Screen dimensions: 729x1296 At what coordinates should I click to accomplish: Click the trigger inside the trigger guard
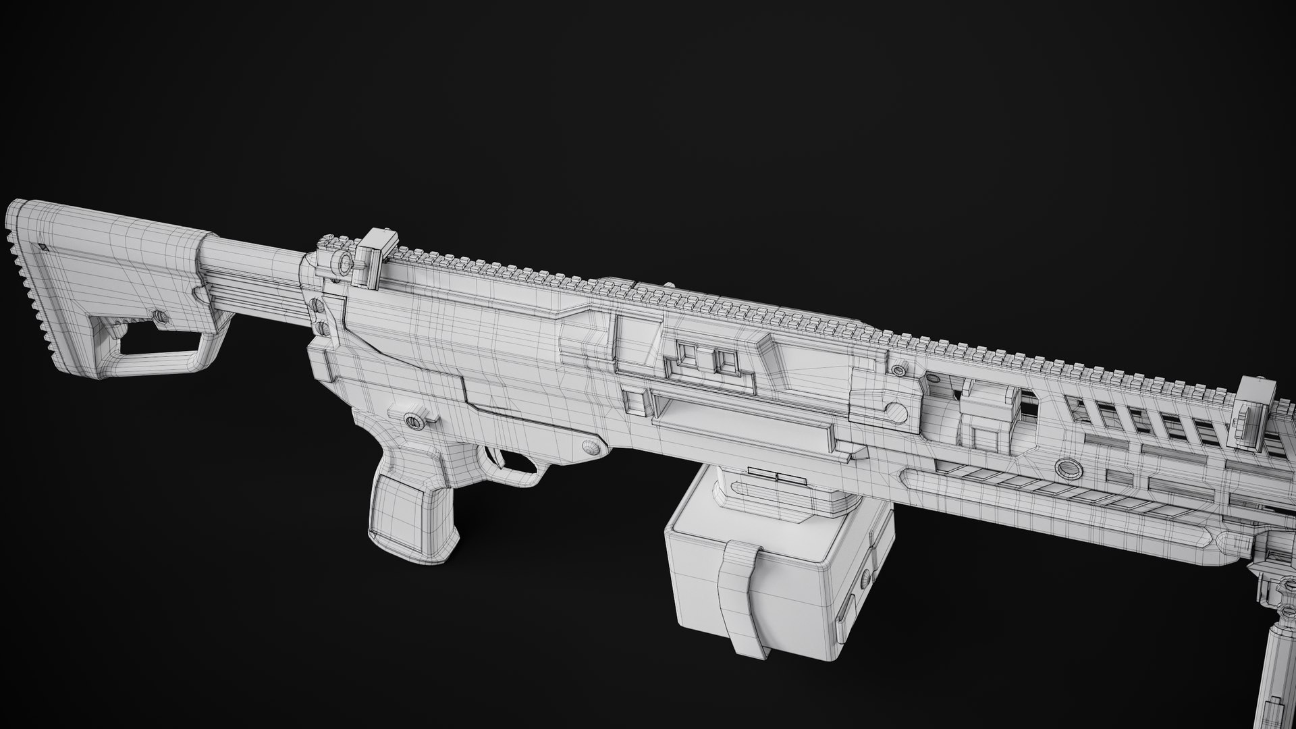[x=500, y=458]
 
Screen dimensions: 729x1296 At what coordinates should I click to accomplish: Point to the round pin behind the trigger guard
[x=592, y=446]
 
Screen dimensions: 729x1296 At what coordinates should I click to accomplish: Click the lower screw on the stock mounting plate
[x=322, y=328]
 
